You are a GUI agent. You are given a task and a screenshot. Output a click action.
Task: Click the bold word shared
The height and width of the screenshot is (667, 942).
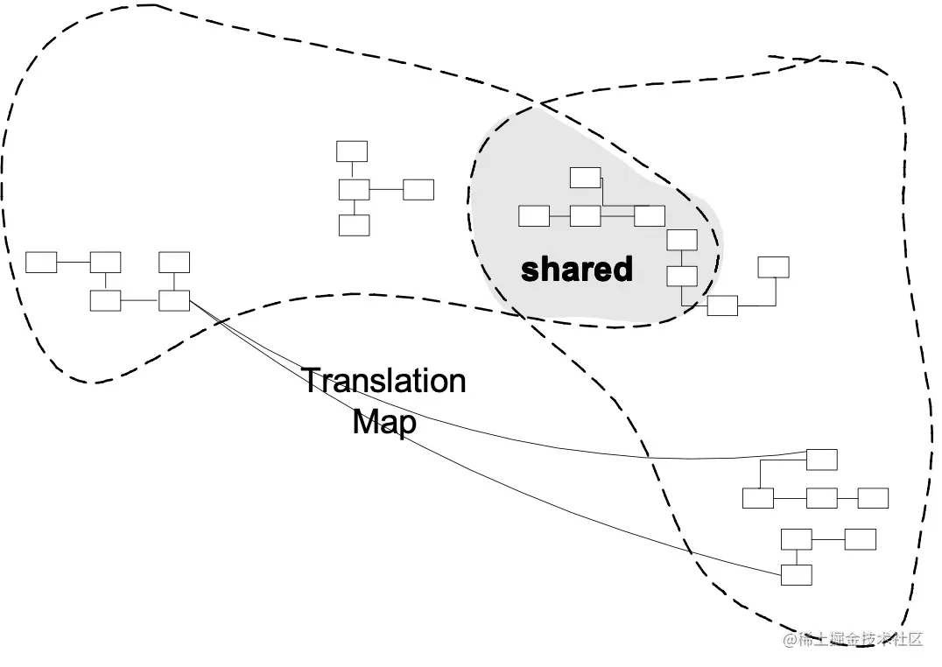pos(576,269)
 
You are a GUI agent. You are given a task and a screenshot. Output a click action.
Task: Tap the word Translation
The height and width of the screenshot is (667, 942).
pos(383,382)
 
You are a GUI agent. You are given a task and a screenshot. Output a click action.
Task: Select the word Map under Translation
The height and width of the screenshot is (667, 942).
pos(383,422)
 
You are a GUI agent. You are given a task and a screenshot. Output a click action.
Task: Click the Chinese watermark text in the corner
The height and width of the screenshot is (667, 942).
pos(854,639)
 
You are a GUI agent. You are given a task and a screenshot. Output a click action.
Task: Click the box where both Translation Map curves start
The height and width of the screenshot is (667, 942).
pos(174,300)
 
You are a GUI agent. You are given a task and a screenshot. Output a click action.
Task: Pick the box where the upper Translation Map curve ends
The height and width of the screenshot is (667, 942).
pos(821,460)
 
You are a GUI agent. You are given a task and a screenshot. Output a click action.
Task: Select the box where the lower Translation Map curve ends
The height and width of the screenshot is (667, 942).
pos(796,575)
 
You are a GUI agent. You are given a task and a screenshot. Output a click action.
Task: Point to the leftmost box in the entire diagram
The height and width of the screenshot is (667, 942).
pos(41,262)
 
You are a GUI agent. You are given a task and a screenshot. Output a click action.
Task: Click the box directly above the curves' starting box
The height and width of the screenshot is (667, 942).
pos(174,262)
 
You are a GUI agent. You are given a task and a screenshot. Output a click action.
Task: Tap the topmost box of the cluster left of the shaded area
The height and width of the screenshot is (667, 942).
pos(352,151)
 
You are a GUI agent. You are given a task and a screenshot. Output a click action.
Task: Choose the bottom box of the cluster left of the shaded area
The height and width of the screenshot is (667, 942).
pos(354,225)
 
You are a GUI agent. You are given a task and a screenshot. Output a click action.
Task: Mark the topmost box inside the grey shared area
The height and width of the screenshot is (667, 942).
pos(585,178)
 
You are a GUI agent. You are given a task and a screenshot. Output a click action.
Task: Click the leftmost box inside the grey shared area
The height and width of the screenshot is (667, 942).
pos(534,215)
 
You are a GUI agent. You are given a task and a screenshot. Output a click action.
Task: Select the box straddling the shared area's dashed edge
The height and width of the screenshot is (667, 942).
pos(722,305)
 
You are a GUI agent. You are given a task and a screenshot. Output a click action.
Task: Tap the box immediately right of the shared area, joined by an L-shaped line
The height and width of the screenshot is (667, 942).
pos(773,267)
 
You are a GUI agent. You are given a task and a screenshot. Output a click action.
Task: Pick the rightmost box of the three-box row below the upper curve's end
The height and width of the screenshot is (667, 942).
pos(873,498)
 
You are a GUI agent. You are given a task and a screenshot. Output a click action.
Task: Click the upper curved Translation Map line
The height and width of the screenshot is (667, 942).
pos(525,442)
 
